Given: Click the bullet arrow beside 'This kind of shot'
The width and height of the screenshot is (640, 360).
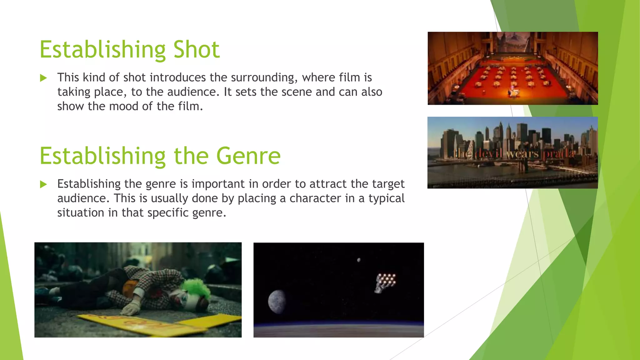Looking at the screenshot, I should [43, 78].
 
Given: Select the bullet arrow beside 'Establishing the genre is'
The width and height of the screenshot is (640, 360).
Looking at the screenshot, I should [43, 184].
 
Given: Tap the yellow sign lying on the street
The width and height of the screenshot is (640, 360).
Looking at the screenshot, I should [162, 325].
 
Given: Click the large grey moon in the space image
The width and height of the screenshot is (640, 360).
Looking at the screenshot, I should [277, 301].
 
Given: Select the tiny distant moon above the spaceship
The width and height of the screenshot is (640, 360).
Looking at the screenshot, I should [359, 260].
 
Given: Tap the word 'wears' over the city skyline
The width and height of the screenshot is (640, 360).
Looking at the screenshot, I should [523, 154].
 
